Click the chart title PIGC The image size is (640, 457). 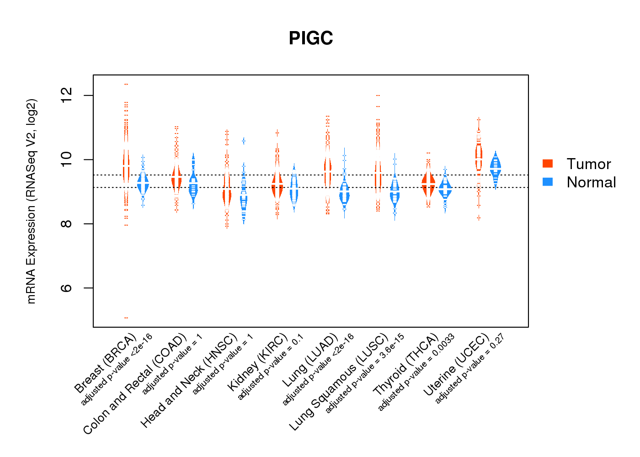click(311, 38)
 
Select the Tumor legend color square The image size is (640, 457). click(548, 164)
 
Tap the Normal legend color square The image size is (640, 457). click(548, 182)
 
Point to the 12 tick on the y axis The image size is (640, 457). click(67, 96)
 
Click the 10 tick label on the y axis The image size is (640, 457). click(67, 159)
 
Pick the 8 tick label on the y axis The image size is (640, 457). click(67, 224)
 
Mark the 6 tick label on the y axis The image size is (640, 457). click(67, 288)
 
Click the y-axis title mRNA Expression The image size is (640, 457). click(31, 201)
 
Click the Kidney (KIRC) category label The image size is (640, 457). click(257, 362)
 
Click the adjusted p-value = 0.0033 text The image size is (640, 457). click(416, 372)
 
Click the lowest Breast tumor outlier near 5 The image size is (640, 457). click(126, 318)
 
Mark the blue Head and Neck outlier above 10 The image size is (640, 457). click(244, 141)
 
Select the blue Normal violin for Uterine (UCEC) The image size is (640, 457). click(495, 168)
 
